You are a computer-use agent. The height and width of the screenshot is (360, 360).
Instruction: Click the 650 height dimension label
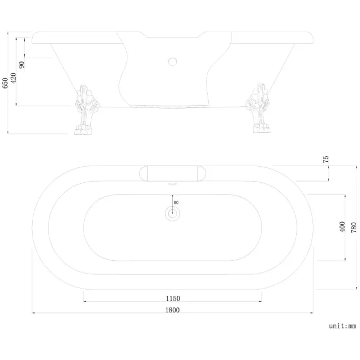6,83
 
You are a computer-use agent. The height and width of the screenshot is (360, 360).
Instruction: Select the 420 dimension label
13,78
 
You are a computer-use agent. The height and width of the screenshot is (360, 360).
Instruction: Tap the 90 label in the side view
22,64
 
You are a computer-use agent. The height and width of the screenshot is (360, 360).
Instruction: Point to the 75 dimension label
326,159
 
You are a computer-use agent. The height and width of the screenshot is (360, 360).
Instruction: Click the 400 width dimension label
342,227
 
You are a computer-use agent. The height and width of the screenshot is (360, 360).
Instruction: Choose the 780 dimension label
353,227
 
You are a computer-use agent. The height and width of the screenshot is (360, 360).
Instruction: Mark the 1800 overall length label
172,310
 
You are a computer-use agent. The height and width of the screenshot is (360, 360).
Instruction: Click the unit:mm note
342,326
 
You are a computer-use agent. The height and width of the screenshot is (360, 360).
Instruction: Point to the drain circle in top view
172,214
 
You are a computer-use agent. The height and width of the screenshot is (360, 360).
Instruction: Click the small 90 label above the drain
176,203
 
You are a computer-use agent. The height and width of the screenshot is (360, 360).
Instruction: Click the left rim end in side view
34,39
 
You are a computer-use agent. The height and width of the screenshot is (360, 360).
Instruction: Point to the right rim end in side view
312,39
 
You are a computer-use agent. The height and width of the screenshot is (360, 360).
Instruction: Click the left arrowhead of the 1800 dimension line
34,313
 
